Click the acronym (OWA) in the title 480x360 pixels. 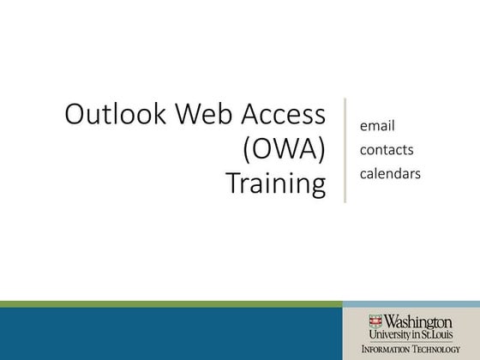click(x=284, y=150)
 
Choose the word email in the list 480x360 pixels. click(x=376, y=126)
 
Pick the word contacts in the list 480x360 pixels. click(x=387, y=150)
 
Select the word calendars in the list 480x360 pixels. click(x=390, y=174)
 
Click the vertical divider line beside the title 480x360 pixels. click(x=345, y=150)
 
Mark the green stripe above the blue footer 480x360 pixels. click(x=171, y=304)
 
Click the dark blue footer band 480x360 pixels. click(x=171, y=334)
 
